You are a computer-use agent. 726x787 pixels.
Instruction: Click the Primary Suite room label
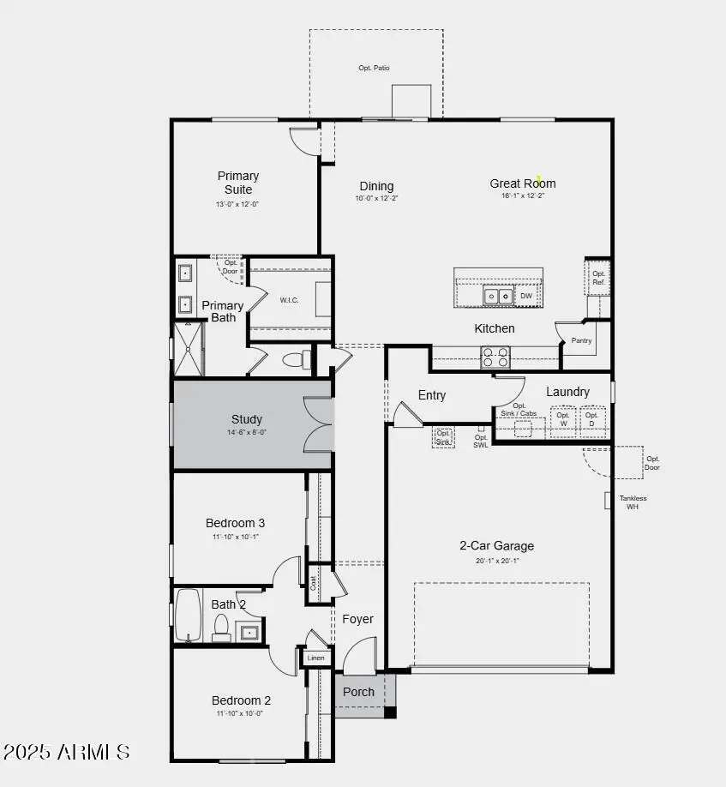237,183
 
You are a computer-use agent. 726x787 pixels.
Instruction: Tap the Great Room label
522,183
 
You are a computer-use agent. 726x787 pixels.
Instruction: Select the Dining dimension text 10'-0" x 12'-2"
376,198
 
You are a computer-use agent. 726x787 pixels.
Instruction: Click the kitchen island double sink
498,296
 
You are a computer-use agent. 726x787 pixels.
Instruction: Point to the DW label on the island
526,297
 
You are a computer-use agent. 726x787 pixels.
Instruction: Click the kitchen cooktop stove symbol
495,357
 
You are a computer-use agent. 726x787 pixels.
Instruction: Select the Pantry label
582,340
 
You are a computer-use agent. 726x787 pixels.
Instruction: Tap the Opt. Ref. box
598,277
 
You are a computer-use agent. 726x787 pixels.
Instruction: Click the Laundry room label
567,392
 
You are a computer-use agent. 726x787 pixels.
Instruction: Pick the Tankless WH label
633,502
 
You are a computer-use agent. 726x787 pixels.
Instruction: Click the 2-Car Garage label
496,546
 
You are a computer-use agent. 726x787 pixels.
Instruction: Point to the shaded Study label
246,420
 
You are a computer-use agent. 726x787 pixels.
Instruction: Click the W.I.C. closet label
288,300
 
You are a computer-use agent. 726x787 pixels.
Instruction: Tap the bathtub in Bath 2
188,614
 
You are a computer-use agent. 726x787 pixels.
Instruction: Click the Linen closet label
315,658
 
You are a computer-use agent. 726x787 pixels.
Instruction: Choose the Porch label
358,692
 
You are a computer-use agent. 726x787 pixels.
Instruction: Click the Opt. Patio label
375,68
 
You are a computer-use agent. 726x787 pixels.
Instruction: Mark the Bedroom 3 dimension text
235,537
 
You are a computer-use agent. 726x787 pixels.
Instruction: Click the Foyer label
357,619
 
